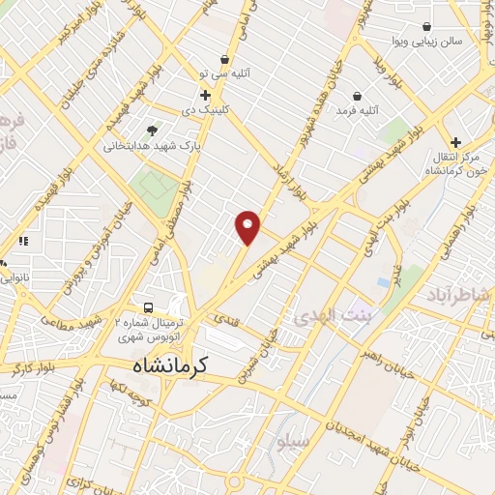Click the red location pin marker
click(248, 226)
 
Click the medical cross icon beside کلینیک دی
click(205, 95)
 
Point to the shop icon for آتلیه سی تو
click(224, 59)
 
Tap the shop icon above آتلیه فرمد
click(359, 96)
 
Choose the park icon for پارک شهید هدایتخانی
click(152, 131)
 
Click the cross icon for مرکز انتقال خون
click(455, 142)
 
